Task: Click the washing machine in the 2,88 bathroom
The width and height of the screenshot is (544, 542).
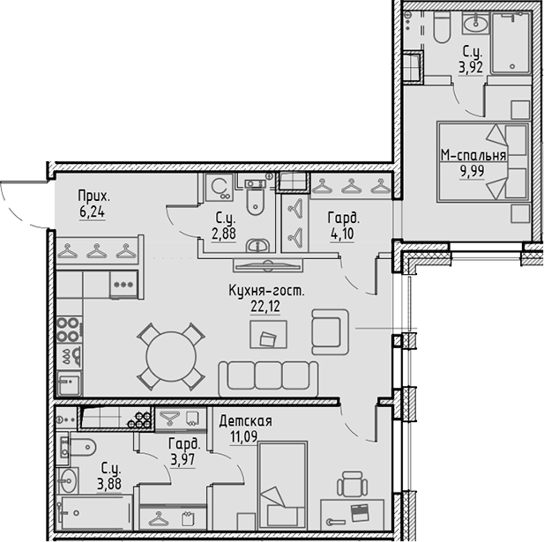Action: pyautogui.click(x=220, y=187)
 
